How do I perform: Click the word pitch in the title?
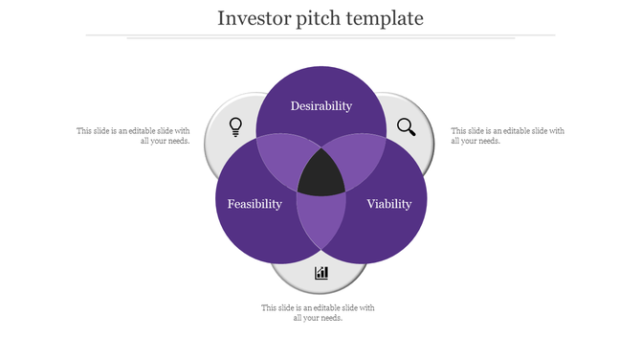click(321, 19)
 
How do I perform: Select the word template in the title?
click(387, 19)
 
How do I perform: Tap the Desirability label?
click(321, 105)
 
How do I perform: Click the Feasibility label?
click(254, 204)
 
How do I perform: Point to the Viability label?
click(389, 204)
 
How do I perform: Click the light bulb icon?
click(235, 126)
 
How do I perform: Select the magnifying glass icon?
click(407, 126)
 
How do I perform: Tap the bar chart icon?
click(321, 273)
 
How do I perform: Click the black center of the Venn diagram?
click(321, 175)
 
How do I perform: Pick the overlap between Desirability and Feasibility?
click(279, 159)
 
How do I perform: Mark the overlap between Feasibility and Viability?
click(320, 220)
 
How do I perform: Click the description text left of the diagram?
click(133, 135)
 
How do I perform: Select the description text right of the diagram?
click(507, 135)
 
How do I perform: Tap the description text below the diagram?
click(318, 312)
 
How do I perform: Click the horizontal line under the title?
click(320, 35)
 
